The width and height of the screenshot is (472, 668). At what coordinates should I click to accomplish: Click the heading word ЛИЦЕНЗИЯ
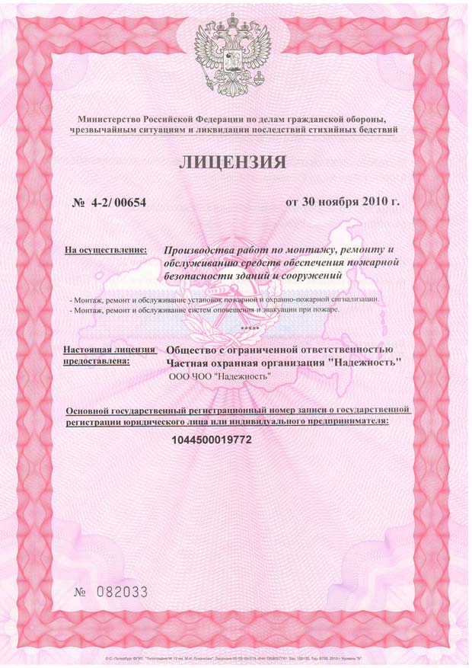(234, 162)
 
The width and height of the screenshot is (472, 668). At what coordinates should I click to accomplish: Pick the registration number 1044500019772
(212, 440)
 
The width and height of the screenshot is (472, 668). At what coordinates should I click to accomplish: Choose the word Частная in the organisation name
(190, 364)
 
